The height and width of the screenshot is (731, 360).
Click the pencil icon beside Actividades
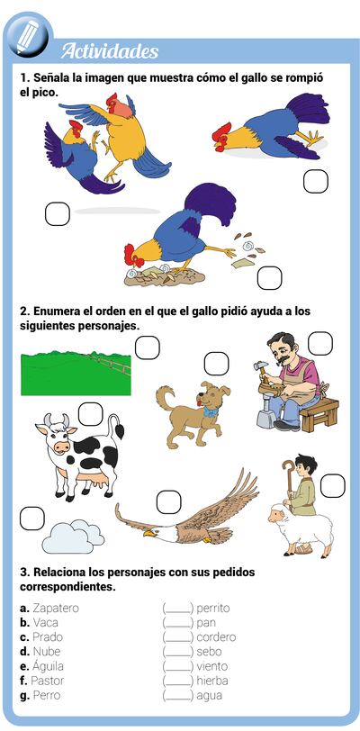[27, 35]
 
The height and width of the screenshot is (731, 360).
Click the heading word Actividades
[109, 51]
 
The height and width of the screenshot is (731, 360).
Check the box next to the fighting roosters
[58, 213]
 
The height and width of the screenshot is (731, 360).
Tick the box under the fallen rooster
[315, 182]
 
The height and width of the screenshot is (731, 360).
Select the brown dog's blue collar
[210, 413]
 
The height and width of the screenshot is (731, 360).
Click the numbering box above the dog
[216, 364]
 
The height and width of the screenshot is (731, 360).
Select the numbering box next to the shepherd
[332, 486]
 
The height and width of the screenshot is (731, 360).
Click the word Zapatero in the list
[55, 608]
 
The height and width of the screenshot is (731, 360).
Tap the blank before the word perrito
[177, 609]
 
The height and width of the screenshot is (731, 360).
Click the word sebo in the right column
[208, 652]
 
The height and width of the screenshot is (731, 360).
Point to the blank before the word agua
[177, 696]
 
